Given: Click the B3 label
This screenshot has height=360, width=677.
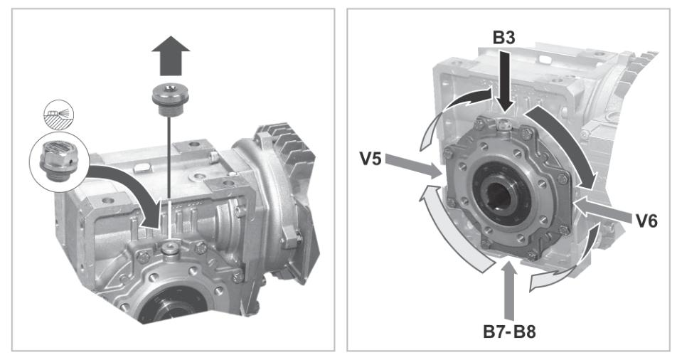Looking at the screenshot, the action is coord(504,38).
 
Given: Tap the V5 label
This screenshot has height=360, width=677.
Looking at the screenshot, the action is coord(371,159).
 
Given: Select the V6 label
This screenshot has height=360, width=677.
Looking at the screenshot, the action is coord(646,221).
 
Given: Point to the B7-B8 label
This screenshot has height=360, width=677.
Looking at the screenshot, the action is coord(509,332).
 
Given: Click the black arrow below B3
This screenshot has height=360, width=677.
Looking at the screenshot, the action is coord(503,82).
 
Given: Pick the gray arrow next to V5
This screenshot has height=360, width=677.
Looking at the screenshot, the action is coord(412,166).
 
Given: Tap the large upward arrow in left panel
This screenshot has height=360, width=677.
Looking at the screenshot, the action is coord(171,55).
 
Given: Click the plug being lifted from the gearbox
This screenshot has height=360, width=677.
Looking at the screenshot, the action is coord(170,100).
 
